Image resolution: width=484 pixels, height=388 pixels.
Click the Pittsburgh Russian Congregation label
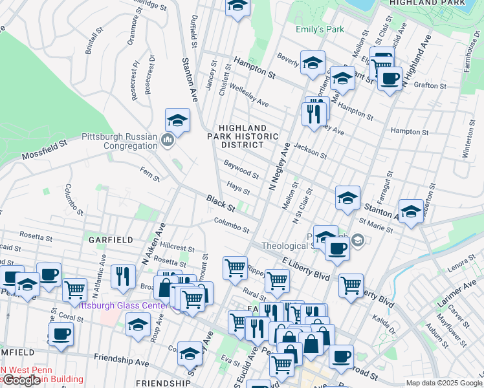tap(120, 141)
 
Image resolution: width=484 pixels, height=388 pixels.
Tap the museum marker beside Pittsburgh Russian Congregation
tap(168, 140)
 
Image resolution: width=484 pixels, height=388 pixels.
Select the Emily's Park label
tap(320, 29)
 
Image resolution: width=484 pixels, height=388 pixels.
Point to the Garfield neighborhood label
tap(111, 239)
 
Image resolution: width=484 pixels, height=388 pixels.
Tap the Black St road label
tap(221, 203)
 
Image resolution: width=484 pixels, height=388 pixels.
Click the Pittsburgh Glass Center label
tap(123, 305)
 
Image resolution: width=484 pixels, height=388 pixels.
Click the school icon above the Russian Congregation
tap(177, 120)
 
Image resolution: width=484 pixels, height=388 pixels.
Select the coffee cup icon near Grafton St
tap(389, 79)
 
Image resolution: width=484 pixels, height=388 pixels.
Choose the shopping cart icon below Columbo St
tap(235, 267)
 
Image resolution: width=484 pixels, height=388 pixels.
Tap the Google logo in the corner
tap(21, 380)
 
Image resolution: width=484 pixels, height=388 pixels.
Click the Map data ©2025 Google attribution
tap(443, 383)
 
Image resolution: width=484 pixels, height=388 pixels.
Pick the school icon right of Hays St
tap(347, 198)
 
